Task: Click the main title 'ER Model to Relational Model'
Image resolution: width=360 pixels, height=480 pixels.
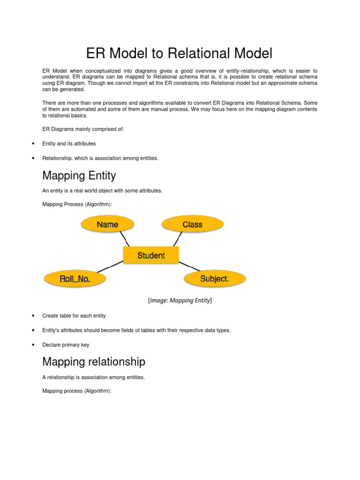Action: (x=180, y=53)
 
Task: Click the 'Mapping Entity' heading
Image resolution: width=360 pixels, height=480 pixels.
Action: (x=79, y=176)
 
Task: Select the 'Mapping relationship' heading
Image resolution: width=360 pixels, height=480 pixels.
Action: (x=94, y=362)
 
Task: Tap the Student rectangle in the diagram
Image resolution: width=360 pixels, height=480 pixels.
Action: (x=151, y=255)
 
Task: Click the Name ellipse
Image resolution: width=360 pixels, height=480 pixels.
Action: (x=107, y=225)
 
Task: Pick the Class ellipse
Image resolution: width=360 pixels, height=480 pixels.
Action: (x=192, y=225)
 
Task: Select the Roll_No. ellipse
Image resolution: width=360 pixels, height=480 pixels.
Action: (x=75, y=279)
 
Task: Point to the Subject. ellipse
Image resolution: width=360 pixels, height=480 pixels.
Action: (x=215, y=278)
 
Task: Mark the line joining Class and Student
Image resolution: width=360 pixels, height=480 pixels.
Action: (x=176, y=240)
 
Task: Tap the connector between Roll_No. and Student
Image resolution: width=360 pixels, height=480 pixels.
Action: (x=109, y=266)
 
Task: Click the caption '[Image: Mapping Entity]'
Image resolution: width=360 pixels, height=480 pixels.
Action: (x=180, y=300)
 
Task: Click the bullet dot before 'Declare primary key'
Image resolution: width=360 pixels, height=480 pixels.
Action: (x=33, y=345)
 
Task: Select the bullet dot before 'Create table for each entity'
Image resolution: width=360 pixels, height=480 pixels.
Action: (x=33, y=316)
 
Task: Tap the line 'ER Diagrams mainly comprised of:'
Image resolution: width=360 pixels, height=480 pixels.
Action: (x=83, y=129)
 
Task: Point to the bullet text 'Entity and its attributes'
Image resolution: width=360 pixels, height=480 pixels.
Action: (x=69, y=143)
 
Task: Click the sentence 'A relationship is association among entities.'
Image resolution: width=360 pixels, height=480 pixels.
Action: (x=93, y=377)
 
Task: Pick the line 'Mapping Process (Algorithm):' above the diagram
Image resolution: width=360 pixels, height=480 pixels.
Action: (x=77, y=204)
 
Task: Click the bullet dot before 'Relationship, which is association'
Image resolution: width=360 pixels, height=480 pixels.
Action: (x=33, y=158)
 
